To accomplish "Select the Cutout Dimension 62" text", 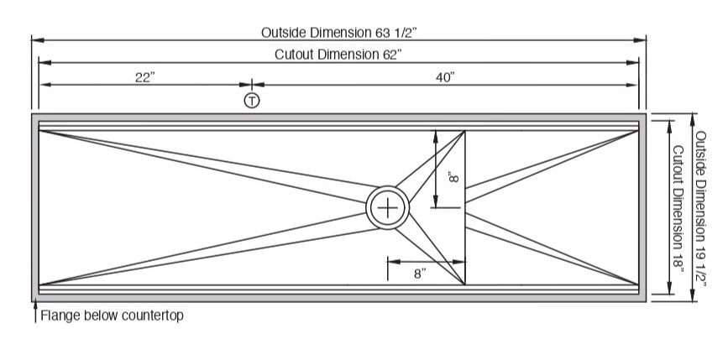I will click(338, 55).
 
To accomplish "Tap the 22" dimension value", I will click(145, 77).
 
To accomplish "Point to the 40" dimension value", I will click(445, 77).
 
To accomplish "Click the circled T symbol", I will click(251, 102).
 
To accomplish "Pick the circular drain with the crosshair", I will click(387, 206).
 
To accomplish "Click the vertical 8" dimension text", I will click(453, 178).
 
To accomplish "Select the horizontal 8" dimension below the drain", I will click(420, 274).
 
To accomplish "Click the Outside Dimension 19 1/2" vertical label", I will click(702, 206).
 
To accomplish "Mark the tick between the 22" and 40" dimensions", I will click(251, 84).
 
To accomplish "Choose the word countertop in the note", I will click(152, 316).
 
